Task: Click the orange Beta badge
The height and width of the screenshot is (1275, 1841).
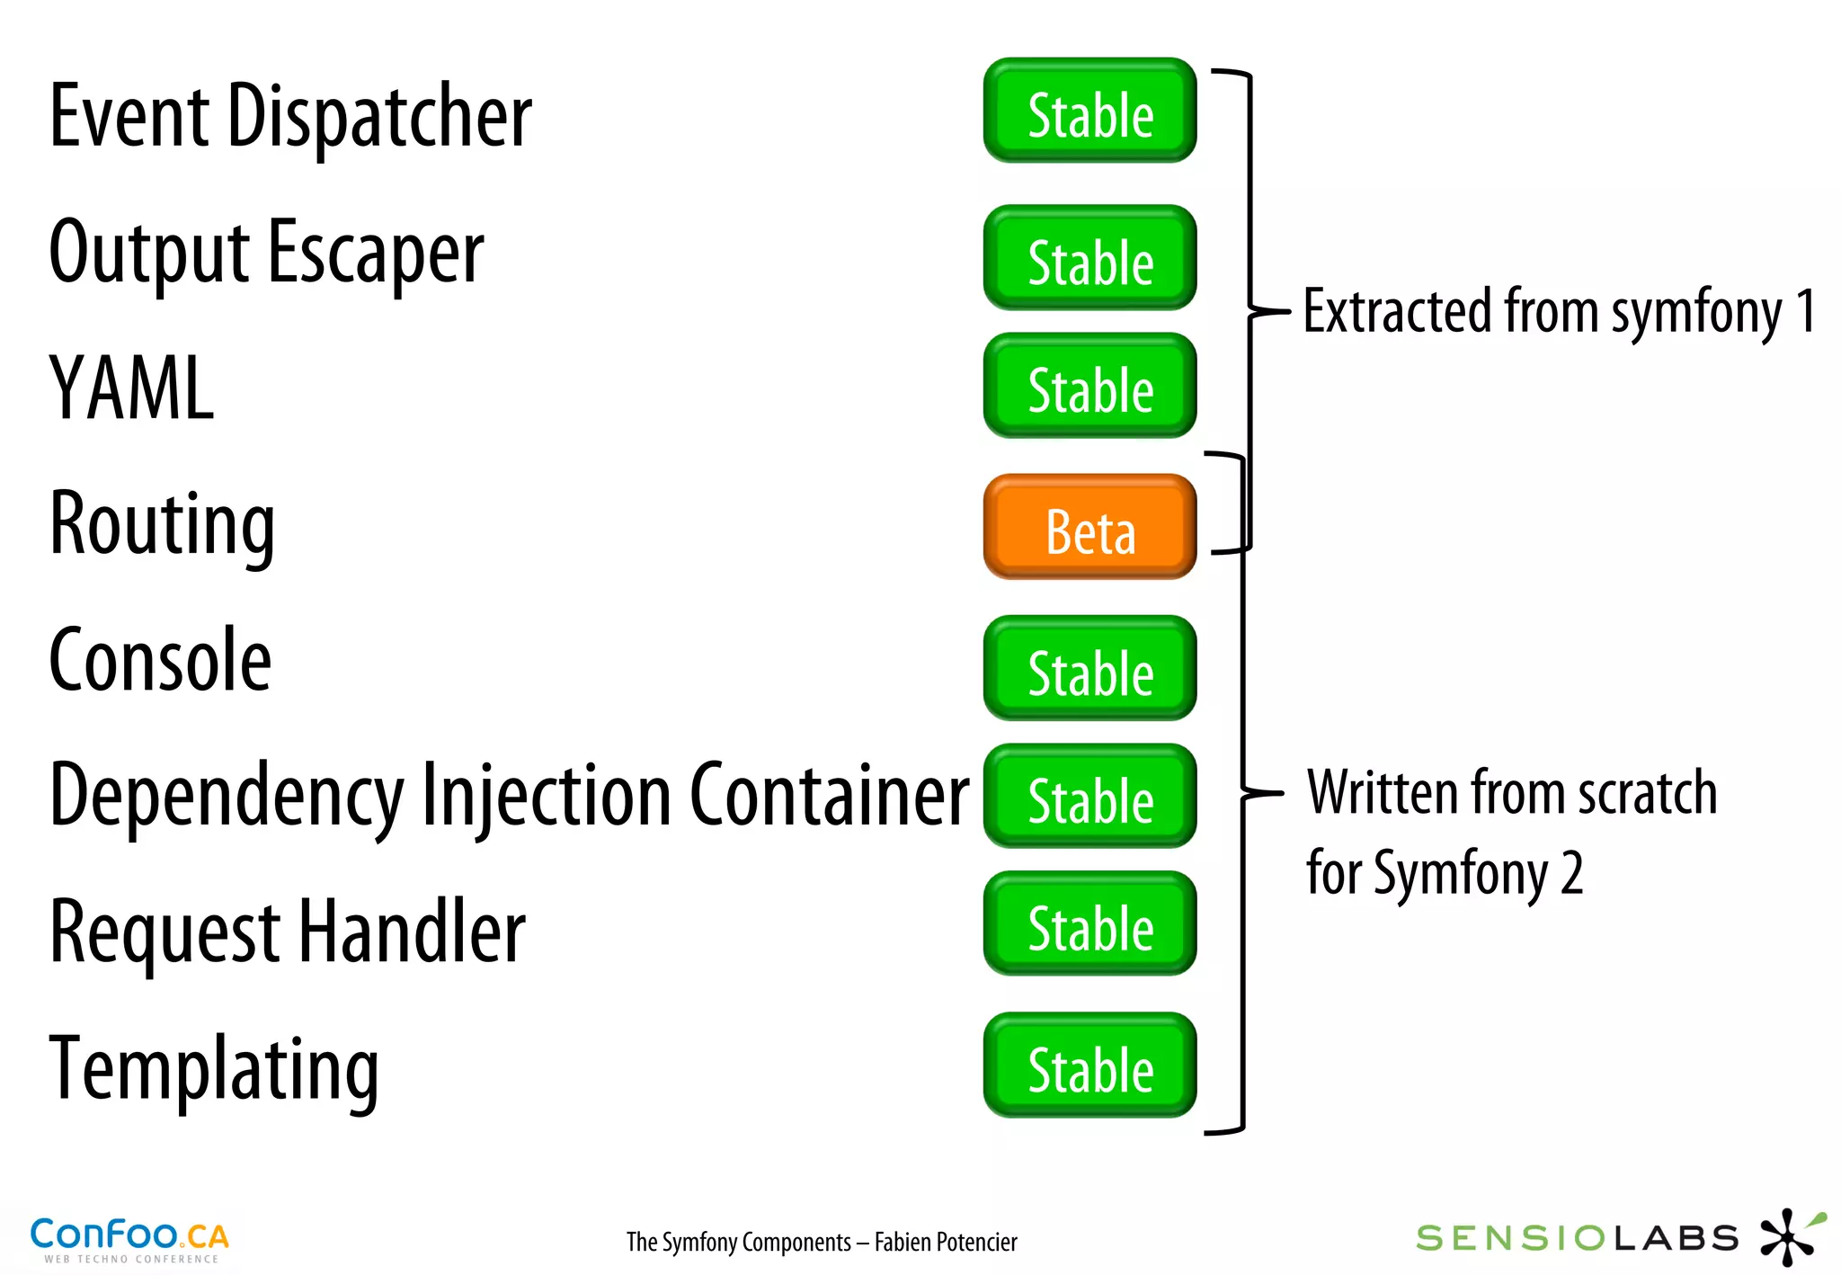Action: [x=1089, y=528]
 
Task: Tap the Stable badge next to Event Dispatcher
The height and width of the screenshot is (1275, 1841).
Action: [x=1089, y=111]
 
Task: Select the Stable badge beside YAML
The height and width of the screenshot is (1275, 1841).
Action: [x=1089, y=387]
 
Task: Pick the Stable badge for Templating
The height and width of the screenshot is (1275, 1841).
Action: [x=1089, y=1065]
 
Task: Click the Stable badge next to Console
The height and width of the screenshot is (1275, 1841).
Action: [x=1089, y=669]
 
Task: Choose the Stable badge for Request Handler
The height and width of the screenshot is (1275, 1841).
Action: [x=1089, y=924]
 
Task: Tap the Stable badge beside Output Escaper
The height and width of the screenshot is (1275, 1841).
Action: [x=1089, y=259]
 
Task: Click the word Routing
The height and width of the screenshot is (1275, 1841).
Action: [x=162, y=525]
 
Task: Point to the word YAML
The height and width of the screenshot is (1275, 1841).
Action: [x=131, y=388]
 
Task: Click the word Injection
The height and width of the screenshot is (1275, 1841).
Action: [x=546, y=797]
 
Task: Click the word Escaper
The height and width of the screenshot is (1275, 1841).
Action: [x=376, y=254]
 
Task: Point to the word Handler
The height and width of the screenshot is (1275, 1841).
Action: [x=412, y=932]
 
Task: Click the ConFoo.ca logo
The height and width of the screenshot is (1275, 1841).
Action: [x=129, y=1239]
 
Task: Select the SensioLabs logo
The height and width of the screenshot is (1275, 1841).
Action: [x=1618, y=1237]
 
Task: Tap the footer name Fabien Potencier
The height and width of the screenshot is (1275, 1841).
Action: [x=946, y=1242]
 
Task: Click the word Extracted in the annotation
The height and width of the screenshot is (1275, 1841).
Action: [x=1398, y=311]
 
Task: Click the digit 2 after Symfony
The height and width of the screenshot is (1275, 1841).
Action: [x=1571, y=872]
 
